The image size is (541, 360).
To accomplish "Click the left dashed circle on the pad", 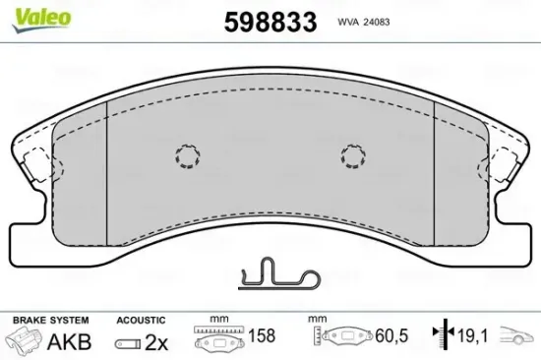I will coord(186,155).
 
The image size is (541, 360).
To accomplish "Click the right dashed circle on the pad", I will coord(353,154).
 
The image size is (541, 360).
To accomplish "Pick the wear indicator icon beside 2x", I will coord(126,342).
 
